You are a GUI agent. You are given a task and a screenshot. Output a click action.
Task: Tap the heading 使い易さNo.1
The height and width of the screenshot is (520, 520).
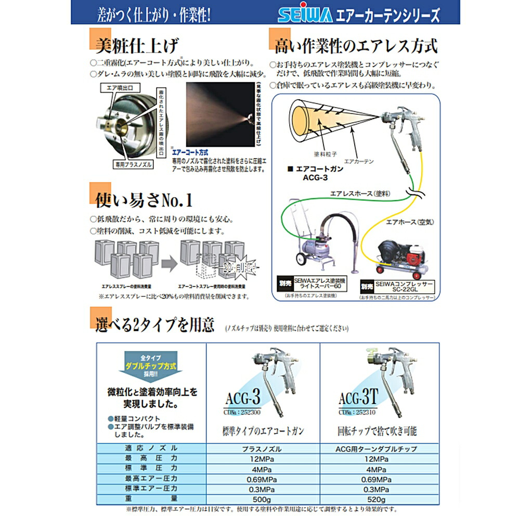(x=144, y=198)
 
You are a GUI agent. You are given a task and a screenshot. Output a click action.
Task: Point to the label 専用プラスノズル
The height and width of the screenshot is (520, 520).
(x=133, y=163)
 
